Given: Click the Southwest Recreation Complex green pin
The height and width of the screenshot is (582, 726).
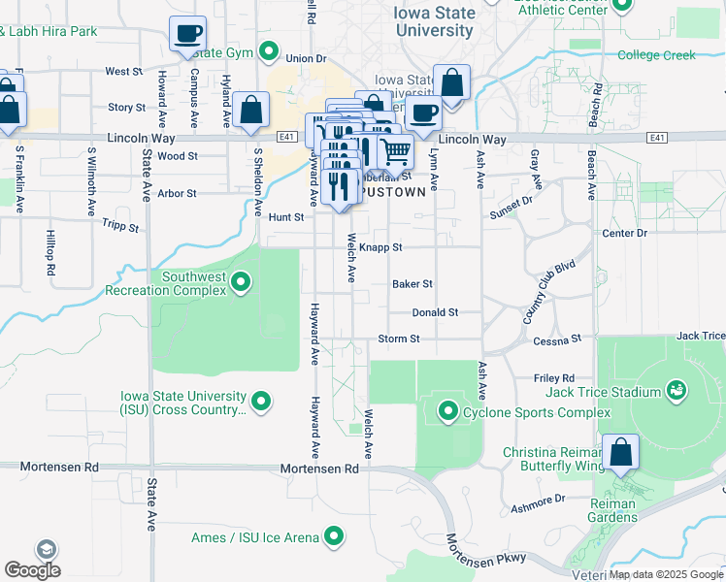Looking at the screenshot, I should pos(241,283).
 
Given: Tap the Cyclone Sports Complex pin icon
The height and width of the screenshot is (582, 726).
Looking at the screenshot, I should pos(447,412).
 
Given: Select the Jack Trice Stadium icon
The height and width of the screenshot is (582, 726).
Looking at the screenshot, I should pos(676,392).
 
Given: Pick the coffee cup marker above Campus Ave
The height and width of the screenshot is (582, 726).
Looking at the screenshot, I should pos(187,34).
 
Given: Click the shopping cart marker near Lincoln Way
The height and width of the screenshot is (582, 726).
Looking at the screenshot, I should pos(395,151).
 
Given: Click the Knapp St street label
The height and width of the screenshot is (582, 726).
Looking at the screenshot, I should pos(380,248).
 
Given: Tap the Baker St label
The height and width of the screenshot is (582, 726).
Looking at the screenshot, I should pos(412,284).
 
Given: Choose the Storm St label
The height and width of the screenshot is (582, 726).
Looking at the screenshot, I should pos(399,339).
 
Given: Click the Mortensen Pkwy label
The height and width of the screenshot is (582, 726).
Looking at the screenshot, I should pos(486,549).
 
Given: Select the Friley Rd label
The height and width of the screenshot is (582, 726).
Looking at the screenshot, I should pos(554,378).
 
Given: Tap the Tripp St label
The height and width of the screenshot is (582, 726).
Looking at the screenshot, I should pos(121,225).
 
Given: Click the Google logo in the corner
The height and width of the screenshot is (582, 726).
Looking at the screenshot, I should pos(32,570).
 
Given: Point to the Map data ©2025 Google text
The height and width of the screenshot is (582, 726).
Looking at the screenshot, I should pos(666,575).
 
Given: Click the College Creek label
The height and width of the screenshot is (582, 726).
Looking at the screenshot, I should pos(656,55).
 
